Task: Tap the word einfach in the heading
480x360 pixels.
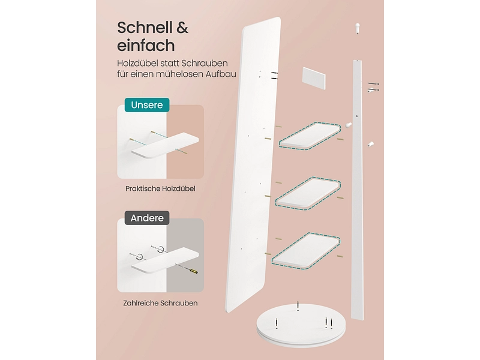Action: pos(146,46)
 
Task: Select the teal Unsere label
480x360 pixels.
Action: pos(147,106)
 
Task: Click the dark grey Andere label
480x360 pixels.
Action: pos(147,218)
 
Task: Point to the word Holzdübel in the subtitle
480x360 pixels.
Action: pos(137,63)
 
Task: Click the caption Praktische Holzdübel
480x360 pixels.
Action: pos(160,188)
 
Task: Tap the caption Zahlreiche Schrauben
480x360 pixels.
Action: pos(161,303)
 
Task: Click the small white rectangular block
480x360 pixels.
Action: pos(313,78)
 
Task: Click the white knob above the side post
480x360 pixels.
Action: pos(355,26)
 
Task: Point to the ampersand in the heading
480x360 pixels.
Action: pos(181,28)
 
